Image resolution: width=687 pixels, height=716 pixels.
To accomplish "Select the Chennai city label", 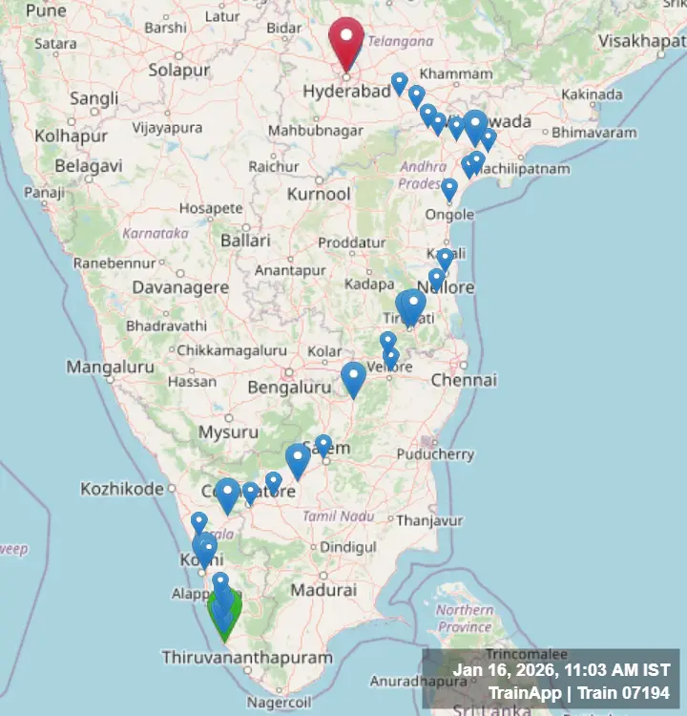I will coord(464,380).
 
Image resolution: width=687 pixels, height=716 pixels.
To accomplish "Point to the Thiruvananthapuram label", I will coord(247,658).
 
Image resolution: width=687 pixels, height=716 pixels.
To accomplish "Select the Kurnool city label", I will coord(319,194).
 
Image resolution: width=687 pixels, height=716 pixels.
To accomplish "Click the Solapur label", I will coord(177,70).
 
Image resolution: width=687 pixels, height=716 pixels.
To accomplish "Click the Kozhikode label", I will coord(121,489).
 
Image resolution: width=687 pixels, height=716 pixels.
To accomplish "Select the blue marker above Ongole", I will coord(449,188).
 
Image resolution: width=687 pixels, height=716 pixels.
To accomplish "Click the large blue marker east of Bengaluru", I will coord(353,378).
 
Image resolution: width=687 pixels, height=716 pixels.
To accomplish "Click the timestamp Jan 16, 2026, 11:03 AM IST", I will coord(561,670).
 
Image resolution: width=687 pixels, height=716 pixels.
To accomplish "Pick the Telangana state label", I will coord(402,41).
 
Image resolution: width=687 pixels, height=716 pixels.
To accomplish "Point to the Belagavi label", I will coord(88,165).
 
